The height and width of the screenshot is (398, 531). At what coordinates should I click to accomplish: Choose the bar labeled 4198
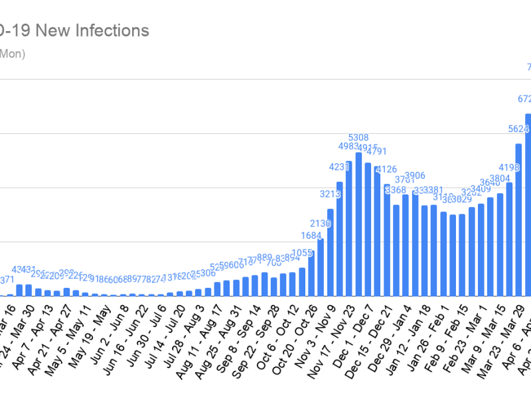click(510, 239)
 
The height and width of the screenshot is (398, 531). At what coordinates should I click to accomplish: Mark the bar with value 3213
click(330, 252)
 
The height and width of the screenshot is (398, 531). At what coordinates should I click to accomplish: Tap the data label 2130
click(321, 224)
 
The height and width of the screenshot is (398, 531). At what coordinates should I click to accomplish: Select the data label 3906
click(415, 176)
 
